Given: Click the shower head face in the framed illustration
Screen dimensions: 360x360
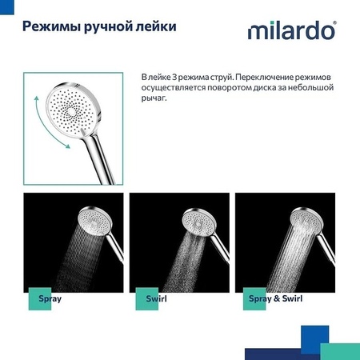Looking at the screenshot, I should tap(76, 108).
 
